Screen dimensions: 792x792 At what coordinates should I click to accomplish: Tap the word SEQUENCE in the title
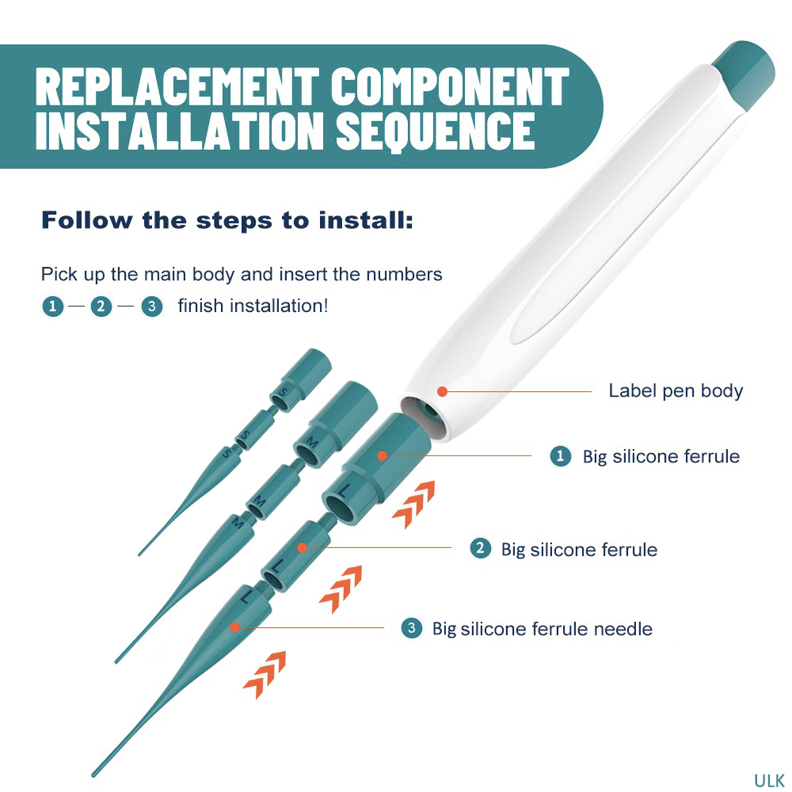[436, 131]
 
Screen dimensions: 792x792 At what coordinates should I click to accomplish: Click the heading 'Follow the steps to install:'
[227, 220]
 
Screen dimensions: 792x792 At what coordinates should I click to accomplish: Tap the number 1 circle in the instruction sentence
[52, 306]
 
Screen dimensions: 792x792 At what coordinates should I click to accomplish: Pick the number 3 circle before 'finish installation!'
[151, 306]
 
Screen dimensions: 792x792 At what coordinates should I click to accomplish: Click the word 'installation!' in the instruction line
[278, 306]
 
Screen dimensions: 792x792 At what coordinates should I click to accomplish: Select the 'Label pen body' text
[676, 390]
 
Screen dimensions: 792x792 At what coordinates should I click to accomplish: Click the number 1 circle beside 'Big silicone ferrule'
[561, 456]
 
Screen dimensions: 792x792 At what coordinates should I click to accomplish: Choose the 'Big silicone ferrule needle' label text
[542, 629]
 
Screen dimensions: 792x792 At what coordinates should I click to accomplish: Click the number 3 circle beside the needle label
[411, 629]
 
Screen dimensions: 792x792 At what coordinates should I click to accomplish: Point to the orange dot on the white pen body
[442, 390]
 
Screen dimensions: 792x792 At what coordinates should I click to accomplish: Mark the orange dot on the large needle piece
[234, 627]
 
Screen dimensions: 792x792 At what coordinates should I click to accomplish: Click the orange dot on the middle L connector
[302, 547]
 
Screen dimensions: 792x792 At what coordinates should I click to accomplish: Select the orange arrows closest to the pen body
[413, 504]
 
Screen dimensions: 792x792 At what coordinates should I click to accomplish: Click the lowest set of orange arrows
[265, 674]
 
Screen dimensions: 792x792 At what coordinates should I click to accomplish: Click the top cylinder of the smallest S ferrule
[303, 366]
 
